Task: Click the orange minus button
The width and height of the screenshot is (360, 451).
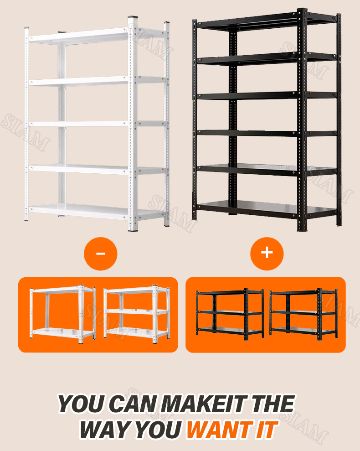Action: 101,254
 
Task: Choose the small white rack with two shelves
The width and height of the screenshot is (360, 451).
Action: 63,314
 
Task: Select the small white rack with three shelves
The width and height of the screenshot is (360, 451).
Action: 137,313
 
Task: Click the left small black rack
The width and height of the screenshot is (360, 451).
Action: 230,313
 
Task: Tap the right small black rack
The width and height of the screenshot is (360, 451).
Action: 303,313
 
